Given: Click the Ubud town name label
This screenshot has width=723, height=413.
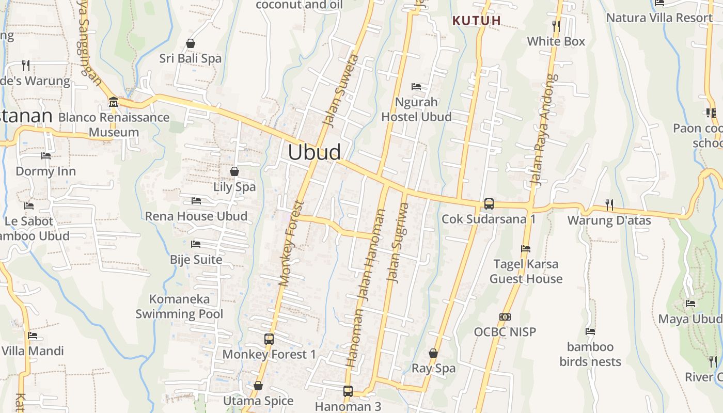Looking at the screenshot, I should click(x=315, y=152).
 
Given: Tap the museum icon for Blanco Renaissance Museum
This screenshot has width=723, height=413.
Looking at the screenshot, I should click(x=114, y=102).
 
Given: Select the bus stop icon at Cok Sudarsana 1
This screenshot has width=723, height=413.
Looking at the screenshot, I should click(x=489, y=204).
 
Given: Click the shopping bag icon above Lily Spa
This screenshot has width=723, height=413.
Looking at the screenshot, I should click(x=234, y=171).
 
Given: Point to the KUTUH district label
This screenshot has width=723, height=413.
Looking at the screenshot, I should click(x=477, y=21).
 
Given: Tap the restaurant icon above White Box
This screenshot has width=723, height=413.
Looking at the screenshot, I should click(x=556, y=26).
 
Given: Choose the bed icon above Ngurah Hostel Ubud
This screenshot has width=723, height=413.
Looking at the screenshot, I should click(x=416, y=86).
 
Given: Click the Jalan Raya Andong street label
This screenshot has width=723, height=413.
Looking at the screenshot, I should click(x=544, y=130).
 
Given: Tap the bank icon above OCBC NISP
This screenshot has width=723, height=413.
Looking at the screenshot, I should click(x=505, y=316).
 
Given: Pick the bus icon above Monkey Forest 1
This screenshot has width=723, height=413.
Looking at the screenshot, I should click(x=269, y=339).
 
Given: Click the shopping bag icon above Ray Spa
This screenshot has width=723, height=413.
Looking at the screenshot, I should click(x=433, y=353).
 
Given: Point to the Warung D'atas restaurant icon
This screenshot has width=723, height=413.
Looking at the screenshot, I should click(x=609, y=205).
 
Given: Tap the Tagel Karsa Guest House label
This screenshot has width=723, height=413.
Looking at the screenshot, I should click(x=526, y=272).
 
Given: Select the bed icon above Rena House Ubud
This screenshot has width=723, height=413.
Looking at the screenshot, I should click(x=196, y=200).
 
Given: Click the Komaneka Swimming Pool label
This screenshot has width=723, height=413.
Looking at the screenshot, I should click(x=179, y=306).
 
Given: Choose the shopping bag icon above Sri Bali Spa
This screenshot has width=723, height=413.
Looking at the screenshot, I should click(x=191, y=43).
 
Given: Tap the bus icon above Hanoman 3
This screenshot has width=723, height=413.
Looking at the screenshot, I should click(x=348, y=391).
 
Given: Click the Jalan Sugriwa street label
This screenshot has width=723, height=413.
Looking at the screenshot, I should click(x=398, y=243).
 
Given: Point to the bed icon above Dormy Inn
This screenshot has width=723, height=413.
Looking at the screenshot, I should click(x=46, y=156).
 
